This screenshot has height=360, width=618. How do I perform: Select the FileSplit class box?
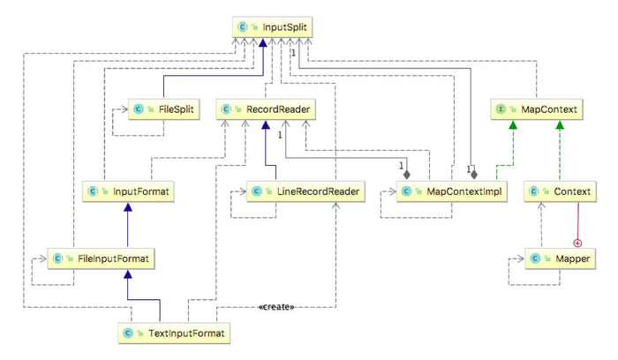[x=164, y=109]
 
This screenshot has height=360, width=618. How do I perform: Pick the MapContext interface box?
[x=538, y=109]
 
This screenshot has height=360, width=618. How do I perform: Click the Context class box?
[x=558, y=191]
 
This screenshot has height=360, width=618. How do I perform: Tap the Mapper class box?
[x=558, y=259]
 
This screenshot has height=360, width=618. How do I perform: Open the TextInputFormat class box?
[x=174, y=334]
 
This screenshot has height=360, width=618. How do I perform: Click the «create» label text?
[x=276, y=307]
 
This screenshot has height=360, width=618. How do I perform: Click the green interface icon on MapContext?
[x=501, y=109]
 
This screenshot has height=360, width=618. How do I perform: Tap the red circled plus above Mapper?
[x=578, y=242]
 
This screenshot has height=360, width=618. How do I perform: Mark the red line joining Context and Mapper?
[x=578, y=221]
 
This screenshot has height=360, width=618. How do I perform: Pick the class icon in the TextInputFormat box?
[x=129, y=334]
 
